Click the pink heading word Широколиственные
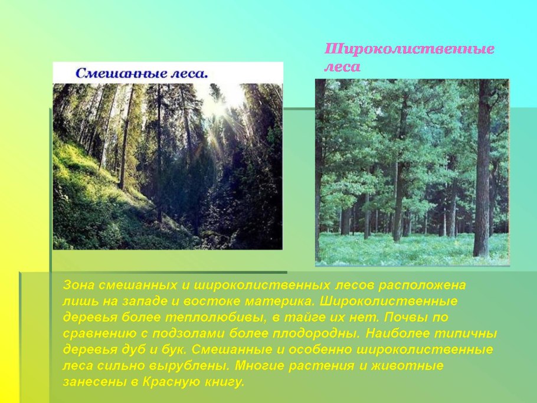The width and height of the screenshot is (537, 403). pos(410,49)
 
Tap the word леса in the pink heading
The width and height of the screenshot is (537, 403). pos(342,67)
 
